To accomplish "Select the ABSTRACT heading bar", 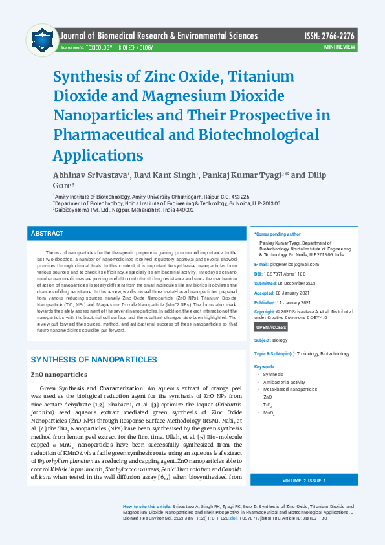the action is click(x=138, y=233).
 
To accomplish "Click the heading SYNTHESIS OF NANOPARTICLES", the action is click(x=94, y=359).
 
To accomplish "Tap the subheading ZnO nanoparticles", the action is click(x=59, y=375).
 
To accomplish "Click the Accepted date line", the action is click(x=282, y=293).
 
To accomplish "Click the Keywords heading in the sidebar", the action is click(x=264, y=366).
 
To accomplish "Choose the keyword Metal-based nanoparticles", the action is click(x=291, y=389).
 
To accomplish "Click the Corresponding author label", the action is click(x=278, y=234).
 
